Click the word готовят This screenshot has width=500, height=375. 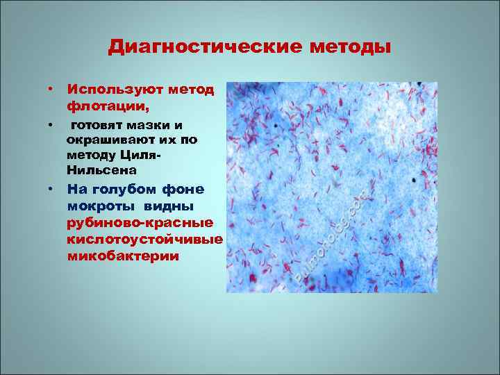[x=97, y=126]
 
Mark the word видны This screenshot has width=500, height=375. [x=170, y=206]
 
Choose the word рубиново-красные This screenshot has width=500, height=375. [x=140, y=223]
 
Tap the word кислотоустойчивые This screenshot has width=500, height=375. [x=144, y=240]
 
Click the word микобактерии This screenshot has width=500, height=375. [x=123, y=256]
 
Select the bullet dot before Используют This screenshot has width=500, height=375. [x=51, y=90]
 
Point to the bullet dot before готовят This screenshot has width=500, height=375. [x=51, y=126]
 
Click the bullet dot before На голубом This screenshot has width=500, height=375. [x=51, y=189]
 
